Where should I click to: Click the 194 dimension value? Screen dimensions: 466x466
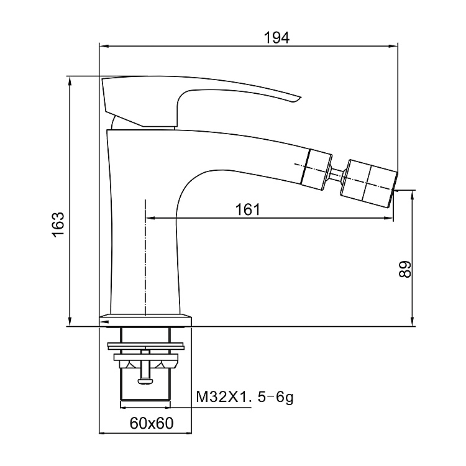tap(276, 38)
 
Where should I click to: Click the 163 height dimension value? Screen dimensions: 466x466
tap(58, 225)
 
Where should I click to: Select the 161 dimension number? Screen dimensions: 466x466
tap(247, 209)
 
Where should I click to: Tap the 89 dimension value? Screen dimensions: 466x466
tap(404, 269)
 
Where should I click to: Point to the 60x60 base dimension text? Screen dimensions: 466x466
tap(152, 423)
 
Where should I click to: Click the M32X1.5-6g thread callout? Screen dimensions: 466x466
tap(245, 397)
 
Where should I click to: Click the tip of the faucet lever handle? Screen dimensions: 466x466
tap(301, 97)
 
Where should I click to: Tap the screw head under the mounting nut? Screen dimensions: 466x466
tap(145, 381)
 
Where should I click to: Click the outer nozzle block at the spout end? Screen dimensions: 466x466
tap(368, 184)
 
